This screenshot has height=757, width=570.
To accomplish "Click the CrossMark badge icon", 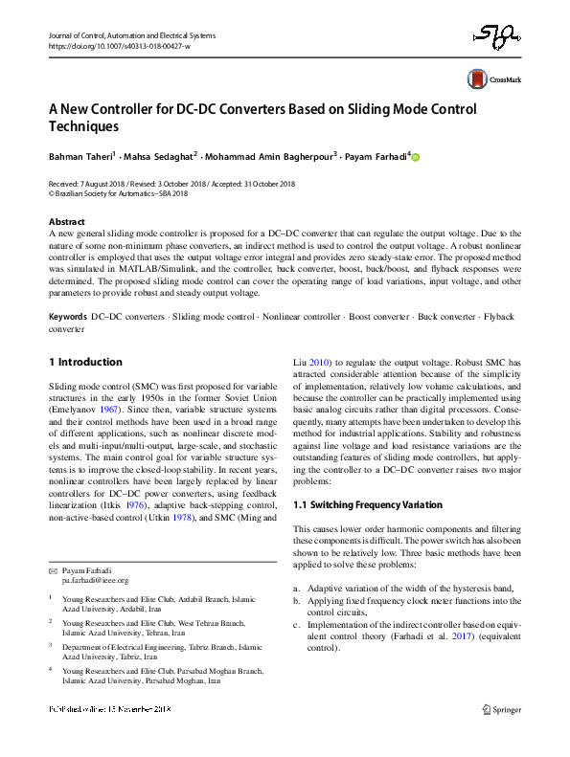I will (x=477, y=80).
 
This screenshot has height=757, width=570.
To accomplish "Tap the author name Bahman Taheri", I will (x=80, y=155).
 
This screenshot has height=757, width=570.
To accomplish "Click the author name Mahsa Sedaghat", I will (x=163, y=155).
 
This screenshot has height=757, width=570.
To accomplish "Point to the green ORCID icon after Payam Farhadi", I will (x=416, y=155).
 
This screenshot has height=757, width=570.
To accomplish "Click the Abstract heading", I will (x=67, y=221).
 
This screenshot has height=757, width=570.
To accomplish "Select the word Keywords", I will (x=68, y=316).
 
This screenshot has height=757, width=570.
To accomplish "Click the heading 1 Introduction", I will (x=85, y=362).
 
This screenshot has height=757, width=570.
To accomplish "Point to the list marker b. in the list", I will (x=297, y=601).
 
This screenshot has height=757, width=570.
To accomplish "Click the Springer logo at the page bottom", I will (x=502, y=709).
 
